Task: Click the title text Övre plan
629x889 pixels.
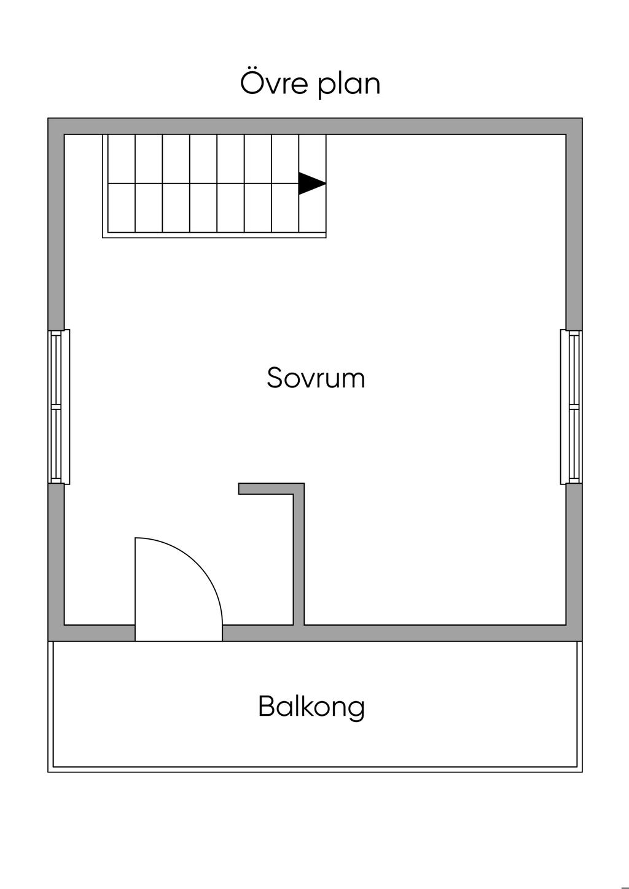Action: [310, 84]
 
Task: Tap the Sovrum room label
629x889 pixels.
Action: [316, 378]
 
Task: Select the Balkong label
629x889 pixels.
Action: [311, 706]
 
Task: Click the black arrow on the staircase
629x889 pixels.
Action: [311, 183]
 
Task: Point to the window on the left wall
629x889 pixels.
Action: [57, 406]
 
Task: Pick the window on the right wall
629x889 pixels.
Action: [572, 406]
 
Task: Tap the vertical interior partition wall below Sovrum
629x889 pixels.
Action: [299, 559]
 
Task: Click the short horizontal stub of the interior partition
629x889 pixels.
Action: [267, 489]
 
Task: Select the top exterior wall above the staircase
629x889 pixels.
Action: [215, 126]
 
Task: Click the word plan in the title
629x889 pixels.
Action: [349, 85]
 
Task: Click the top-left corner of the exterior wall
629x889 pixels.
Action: [57, 126]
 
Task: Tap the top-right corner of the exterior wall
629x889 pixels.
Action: [574, 126]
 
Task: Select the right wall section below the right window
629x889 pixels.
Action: [574, 553]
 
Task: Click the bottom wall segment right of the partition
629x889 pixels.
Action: [436, 633]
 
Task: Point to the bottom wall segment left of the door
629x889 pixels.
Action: [98, 633]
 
